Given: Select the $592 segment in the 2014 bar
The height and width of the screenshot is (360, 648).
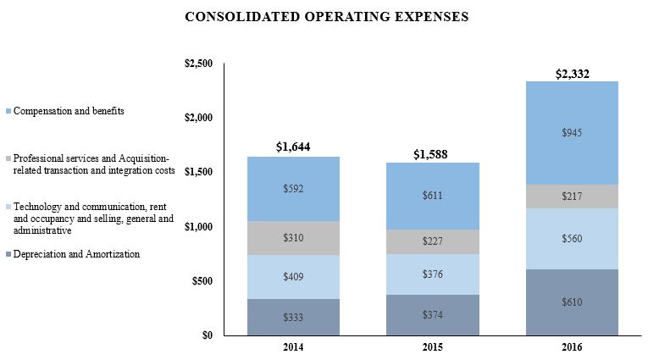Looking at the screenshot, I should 294,189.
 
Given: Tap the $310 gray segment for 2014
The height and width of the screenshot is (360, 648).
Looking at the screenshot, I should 294,238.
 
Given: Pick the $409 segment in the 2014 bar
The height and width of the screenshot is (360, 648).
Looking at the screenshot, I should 294,276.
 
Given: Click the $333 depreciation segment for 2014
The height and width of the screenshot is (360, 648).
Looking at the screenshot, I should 294,317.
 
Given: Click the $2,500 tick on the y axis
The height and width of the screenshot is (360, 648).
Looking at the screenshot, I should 199,64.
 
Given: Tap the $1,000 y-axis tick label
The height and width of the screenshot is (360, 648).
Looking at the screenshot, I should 199,227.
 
